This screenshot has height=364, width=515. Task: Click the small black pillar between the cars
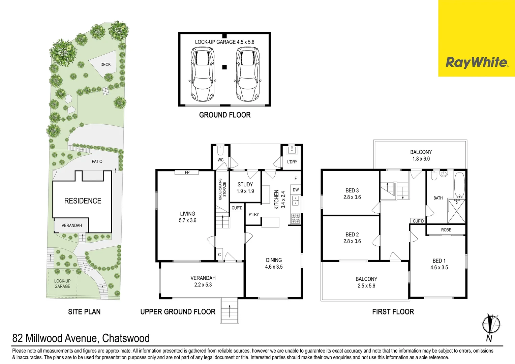point(224,67)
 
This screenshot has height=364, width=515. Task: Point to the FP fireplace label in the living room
point(187,172)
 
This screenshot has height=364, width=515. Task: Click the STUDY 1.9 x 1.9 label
point(245,188)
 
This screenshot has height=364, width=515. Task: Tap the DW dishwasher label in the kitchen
point(296,190)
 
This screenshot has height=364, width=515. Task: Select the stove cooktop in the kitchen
point(296,219)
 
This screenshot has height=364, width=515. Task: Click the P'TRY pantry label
point(253,214)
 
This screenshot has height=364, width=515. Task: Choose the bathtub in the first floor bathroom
point(460,185)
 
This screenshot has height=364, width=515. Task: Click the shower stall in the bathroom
point(456,211)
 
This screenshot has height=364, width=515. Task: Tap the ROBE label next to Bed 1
point(446,230)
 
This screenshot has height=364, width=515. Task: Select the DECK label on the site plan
point(105,65)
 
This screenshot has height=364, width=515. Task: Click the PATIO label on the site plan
point(97,161)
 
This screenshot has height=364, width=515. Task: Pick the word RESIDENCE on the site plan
point(83,201)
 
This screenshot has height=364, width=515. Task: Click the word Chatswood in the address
point(126,338)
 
